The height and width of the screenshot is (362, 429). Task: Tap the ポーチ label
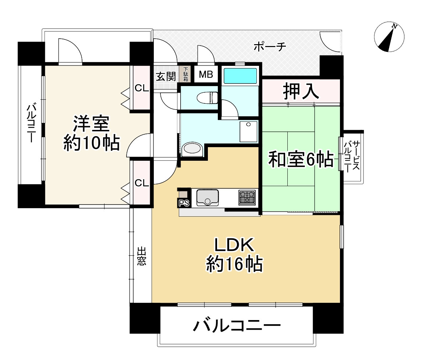[x=270, y=47]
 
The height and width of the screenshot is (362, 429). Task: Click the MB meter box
[x=206, y=75]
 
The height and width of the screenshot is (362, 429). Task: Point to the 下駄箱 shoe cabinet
[x=186, y=74]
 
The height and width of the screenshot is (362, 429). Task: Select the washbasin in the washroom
[x=192, y=149]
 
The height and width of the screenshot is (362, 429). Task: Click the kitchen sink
[x=208, y=198]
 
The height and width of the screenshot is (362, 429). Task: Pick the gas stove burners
[x=247, y=197]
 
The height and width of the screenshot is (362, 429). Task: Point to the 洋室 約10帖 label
[x=91, y=133]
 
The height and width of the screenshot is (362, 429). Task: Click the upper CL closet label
[x=141, y=88]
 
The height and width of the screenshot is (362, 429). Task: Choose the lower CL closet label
[x=141, y=183]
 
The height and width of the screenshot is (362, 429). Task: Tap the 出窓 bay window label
[x=142, y=256]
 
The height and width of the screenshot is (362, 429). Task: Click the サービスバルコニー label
[x=351, y=156]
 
